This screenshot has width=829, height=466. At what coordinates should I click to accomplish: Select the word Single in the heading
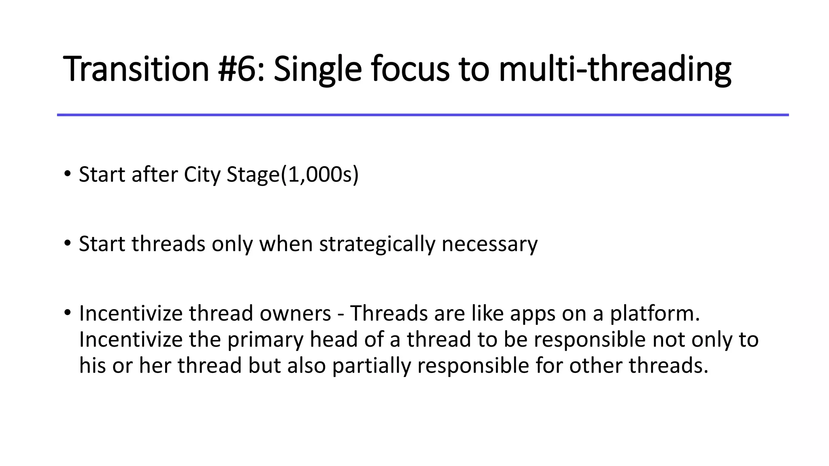point(317,70)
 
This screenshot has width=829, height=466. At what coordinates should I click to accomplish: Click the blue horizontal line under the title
point(423,115)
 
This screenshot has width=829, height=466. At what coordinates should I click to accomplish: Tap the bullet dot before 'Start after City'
point(67,174)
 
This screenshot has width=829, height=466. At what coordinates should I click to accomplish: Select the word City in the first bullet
point(202,175)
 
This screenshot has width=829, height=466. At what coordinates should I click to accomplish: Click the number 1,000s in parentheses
point(320,175)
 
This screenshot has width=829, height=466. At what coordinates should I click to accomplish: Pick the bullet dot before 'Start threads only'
point(67,244)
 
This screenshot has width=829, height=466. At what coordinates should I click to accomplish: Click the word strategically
point(377,244)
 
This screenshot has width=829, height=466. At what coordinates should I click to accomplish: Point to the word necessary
point(489,244)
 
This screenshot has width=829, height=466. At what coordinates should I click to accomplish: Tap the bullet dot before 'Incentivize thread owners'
point(67,313)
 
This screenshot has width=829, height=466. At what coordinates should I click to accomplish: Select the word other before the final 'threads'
point(595,365)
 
